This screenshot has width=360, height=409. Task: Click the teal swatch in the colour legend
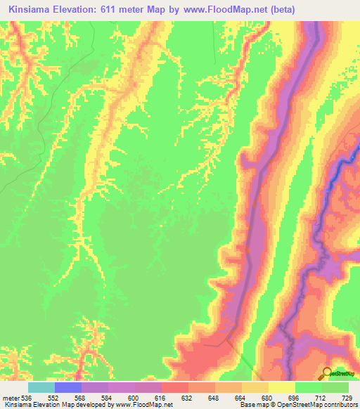tap(41, 387)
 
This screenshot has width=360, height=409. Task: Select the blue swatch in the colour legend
tap(68, 387)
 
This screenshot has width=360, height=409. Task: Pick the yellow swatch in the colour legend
tap(282, 387)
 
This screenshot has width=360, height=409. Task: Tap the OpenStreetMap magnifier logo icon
tap(328, 373)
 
